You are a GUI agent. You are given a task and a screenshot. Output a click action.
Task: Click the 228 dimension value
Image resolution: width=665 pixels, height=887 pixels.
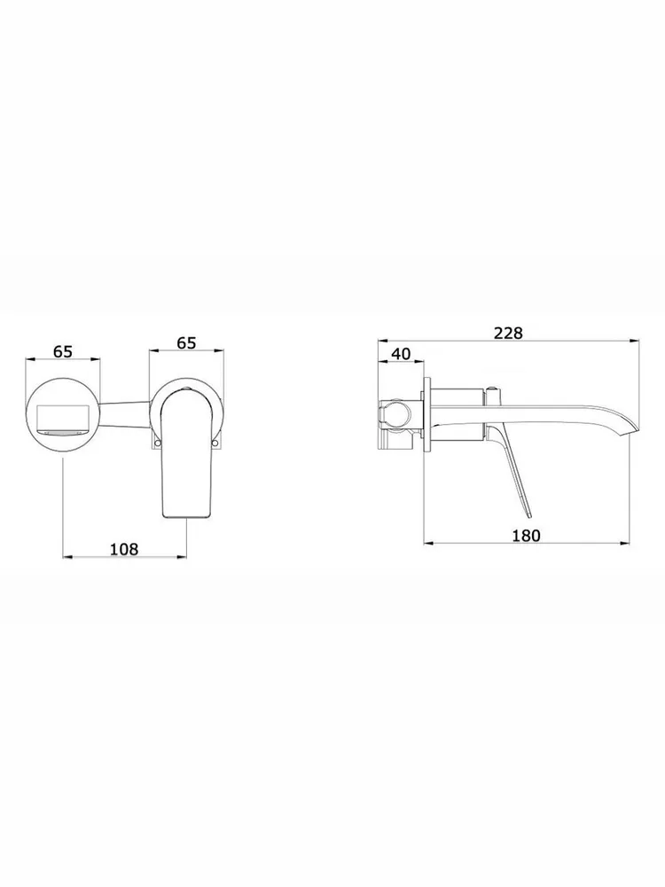508,333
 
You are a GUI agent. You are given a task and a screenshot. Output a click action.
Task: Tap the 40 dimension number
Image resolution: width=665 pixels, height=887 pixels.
401,354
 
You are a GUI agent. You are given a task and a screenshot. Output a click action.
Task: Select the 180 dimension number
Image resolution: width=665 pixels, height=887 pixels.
526,535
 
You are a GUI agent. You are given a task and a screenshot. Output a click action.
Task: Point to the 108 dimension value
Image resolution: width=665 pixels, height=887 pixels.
124,549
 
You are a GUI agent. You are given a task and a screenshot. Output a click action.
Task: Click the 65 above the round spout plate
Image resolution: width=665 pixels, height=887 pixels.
63,351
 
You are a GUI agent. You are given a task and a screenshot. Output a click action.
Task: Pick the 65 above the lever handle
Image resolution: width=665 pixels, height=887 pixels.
186,342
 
